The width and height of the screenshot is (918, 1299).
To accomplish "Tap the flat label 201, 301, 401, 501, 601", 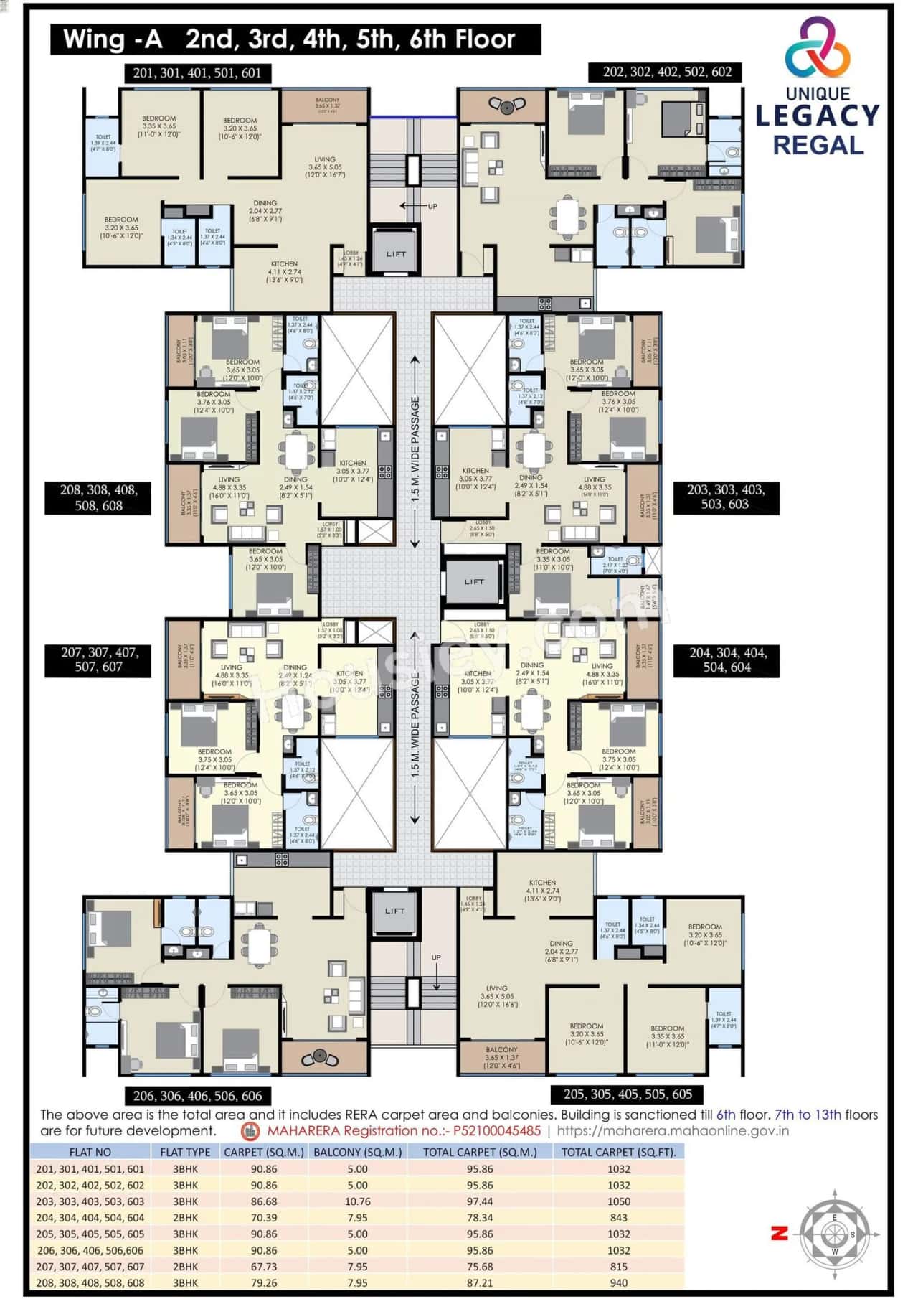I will [x=197, y=72].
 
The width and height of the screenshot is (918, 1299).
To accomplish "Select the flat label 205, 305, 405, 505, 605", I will [x=627, y=1094].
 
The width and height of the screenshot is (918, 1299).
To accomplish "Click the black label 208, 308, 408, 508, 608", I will [x=98, y=497].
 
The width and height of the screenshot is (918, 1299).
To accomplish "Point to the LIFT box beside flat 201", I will [x=395, y=253].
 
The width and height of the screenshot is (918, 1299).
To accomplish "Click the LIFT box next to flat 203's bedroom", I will [x=473, y=581].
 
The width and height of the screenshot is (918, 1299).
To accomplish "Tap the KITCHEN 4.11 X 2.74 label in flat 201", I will [x=284, y=271].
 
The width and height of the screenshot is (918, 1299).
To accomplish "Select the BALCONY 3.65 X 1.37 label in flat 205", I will [x=501, y=1056].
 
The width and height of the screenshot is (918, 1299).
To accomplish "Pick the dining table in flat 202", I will [x=568, y=216].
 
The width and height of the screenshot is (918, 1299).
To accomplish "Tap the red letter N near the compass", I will [x=780, y=1233].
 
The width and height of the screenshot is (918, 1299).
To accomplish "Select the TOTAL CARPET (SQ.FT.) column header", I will [x=618, y=1152].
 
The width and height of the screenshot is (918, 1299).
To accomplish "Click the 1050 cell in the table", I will [x=618, y=1201].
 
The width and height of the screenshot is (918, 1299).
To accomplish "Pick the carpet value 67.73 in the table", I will [x=264, y=1267].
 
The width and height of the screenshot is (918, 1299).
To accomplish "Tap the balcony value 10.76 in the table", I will [x=357, y=1201].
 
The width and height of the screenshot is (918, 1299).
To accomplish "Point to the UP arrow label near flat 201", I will [x=428, y=207].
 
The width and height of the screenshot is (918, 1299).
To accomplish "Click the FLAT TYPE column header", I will [x=185, y=1152].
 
